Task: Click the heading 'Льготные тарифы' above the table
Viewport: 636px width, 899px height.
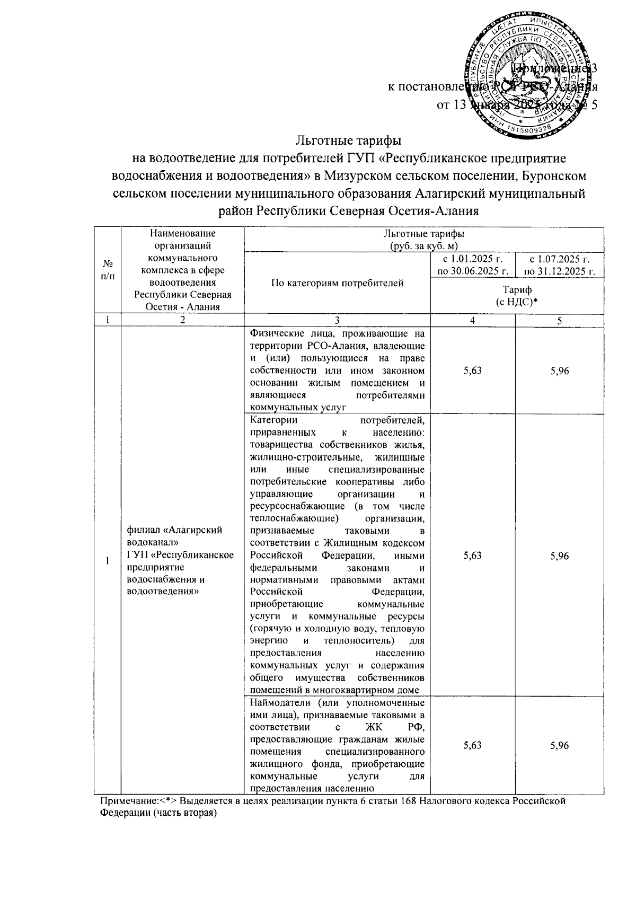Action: click(x=348, y=142)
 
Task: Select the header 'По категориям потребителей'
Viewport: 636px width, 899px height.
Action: click(x=338, y=283)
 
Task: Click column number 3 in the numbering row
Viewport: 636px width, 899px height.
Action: click(x=338, y=321)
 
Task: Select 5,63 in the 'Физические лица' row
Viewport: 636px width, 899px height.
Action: click(x=472, y=371)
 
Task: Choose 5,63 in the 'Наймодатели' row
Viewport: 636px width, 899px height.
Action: click(x=472, y=745)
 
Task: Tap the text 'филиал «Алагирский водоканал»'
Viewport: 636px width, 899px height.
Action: click(x=175, y=536)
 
